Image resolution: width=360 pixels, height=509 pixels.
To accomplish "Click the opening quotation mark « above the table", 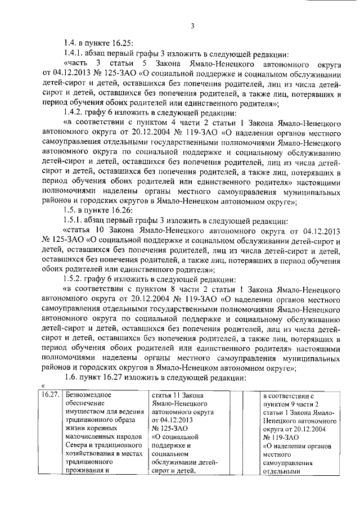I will click(x=43, y=386).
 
